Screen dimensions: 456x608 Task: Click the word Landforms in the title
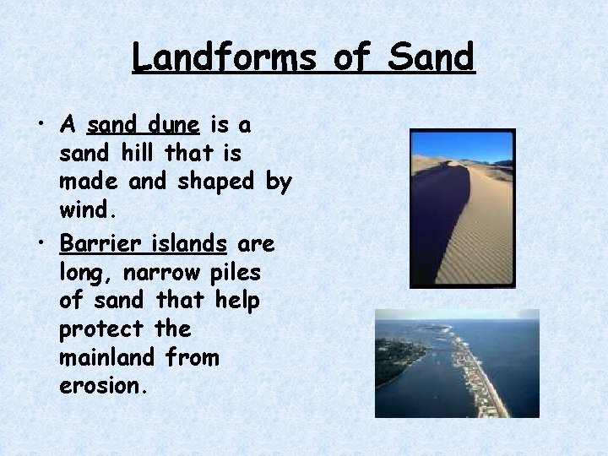coord(224,57)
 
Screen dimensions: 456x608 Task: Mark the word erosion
coord(102,386)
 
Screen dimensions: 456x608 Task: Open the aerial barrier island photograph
coord(457,363)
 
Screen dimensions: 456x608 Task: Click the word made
coord(88,182)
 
